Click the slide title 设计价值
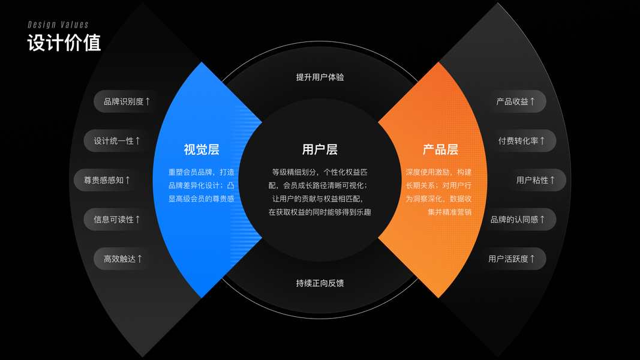[64, 43]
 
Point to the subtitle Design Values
[58, 25]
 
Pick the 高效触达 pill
[123, 259]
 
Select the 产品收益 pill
[515, 101]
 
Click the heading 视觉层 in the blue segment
[202, 149]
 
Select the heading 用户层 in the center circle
[320, 149]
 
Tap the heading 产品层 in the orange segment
[440, 149]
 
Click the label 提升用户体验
[320, 77]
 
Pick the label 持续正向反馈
[320, 283]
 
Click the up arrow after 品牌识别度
[148, 101]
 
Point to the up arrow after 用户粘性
[552, 180]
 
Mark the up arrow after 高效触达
[140, 259]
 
